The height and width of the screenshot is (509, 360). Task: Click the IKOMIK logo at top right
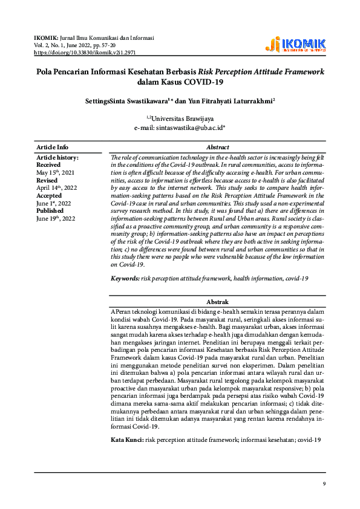(296, 45)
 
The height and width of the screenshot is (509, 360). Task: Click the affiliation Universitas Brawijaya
(180, 118)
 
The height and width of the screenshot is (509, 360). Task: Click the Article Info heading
(52, 147)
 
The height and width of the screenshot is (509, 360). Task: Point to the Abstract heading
(217, 147)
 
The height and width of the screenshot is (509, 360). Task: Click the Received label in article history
(48, 164)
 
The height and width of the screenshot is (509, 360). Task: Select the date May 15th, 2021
(56, 172)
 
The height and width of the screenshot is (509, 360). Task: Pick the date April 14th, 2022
(56, 188)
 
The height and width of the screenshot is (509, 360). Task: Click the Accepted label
(49, 196)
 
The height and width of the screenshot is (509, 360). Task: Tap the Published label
(50, 211)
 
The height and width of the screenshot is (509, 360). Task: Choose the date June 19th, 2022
(56, 219)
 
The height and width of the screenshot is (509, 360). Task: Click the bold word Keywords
(125, 278)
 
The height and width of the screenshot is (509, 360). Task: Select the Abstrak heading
(217, 302)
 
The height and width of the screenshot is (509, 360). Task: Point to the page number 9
(324, 484)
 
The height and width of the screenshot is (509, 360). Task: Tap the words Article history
(57, 157)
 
